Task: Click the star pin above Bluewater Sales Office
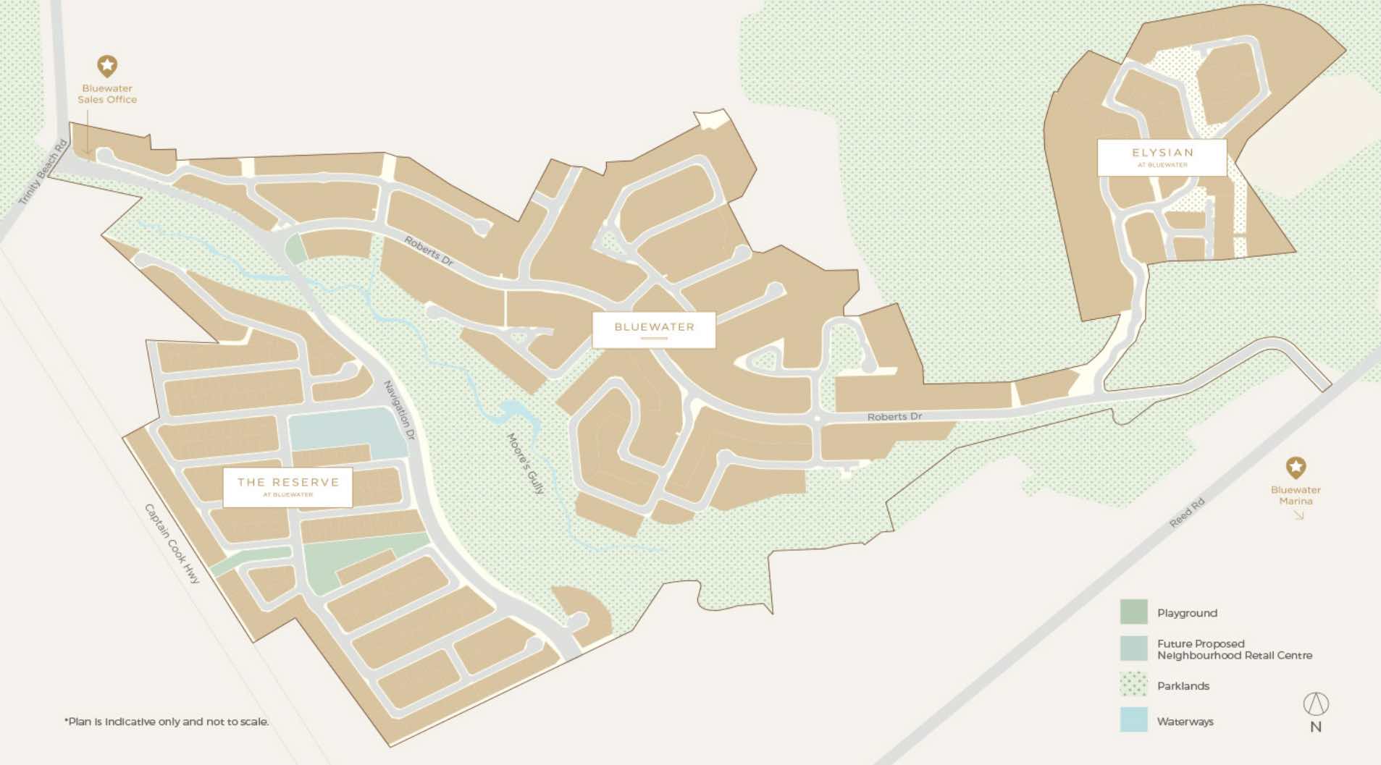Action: (x=107, y=66)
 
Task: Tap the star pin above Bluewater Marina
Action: (x=1296, y=467)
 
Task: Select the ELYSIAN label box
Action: (x=1162, y=157)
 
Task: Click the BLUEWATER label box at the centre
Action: (x=654, y=329)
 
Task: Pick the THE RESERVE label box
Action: (x=287, y=486)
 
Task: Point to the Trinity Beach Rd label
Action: (x=43, y=172)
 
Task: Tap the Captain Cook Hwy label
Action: (x=172, y=544)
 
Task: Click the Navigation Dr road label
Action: (x=399, y=410)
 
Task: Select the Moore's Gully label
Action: (x=525, y=464)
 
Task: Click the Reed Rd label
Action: (x=1187, y=512)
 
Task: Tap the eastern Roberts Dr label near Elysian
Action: (x=894, y=416)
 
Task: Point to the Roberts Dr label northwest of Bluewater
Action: (x=429, y=251)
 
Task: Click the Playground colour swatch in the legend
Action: (x=1133, y=612)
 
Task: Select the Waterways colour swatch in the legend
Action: (x=1133, y=719)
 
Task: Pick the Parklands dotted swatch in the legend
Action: (x=1133, y=684)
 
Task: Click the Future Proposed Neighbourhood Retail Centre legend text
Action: (x=1234, y=649)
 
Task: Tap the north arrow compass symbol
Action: (x=1316, y=703)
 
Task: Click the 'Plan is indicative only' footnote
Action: (x=167, y=722)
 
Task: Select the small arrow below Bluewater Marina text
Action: (x=1298, y=515)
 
